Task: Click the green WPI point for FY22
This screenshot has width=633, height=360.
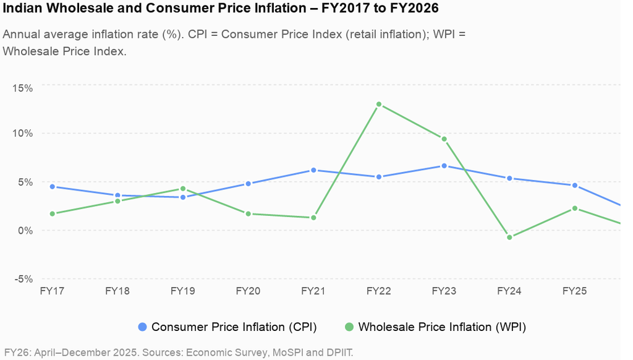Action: tap(379, 105)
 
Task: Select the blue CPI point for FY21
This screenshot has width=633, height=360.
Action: tap(313, 170)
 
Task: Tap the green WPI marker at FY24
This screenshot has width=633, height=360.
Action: tap(509, 237)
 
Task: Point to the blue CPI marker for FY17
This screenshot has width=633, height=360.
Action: tap(52, 187)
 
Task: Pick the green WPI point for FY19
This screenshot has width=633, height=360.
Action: tap(183, 189)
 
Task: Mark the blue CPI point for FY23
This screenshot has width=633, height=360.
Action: tap(444, 166)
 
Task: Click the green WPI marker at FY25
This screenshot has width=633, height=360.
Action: tap(575, 208)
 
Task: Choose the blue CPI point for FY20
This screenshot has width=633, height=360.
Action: tap(249, 184)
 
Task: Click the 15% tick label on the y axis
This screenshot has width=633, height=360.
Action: tap(23, 88)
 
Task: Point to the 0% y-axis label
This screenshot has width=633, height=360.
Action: tap(25, 231)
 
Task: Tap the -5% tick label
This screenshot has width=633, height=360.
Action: tap(23, 279)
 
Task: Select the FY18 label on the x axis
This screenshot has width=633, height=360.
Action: tap(117, 291)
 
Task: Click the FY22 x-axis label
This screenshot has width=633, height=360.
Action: tap(379, 291)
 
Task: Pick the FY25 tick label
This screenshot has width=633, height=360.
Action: tap(575, 291)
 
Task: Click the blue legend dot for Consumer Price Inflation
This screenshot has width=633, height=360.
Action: tap(143, 327)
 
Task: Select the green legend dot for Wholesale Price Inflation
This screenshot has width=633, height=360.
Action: tap(349, 327)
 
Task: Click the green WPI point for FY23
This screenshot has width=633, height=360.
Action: tap(444, 139)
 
